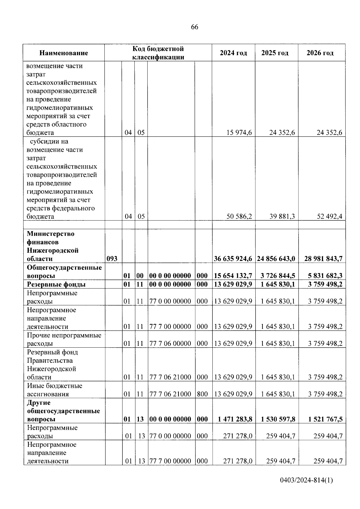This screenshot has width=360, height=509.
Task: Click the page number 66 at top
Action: pos(194,27)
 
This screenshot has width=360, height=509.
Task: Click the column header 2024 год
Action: pos(233,53)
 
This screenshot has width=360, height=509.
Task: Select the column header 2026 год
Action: pos(320,53)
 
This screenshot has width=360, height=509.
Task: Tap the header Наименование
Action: pos(64,53)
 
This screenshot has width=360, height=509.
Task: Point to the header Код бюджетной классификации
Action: pos(158,53)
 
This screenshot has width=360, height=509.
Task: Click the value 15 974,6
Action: pos(239,133)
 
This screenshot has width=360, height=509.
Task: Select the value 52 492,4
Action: pos(329,217)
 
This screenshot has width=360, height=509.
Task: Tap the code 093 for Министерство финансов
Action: pos(112,259)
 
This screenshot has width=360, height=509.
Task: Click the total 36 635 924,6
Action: pos(233,259)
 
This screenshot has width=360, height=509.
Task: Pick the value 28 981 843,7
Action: pos(323,259)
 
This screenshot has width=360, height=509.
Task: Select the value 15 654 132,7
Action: pos(233,276)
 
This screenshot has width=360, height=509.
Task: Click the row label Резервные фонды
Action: pos(56,284)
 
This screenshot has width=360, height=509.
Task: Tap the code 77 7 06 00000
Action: pos(170,343)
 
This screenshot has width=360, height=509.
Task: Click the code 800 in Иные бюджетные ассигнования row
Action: pos(202,394)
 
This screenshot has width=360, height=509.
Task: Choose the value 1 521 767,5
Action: pos(325,419)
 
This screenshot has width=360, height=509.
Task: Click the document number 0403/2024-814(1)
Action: pos(306,480)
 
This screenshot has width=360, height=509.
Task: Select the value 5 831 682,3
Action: pos(325,276)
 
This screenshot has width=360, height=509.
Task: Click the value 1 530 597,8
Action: pos(278,419)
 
